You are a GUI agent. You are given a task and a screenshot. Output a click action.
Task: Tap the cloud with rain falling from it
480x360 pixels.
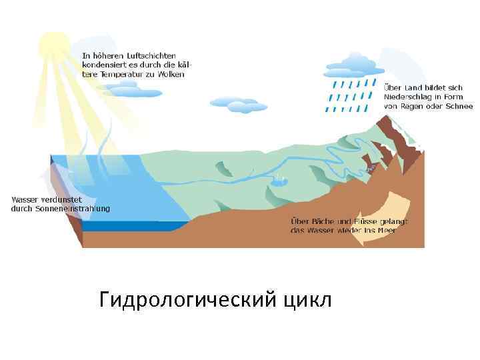353,65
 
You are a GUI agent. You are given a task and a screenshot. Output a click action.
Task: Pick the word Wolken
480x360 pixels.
170,75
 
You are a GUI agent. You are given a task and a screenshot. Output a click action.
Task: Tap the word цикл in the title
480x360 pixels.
307,301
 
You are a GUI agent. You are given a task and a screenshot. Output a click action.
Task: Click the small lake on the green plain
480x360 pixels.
279,179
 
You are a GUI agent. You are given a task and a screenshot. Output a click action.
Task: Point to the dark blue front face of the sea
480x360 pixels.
127,226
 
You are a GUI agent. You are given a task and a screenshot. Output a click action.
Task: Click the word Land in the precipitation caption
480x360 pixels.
415,87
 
